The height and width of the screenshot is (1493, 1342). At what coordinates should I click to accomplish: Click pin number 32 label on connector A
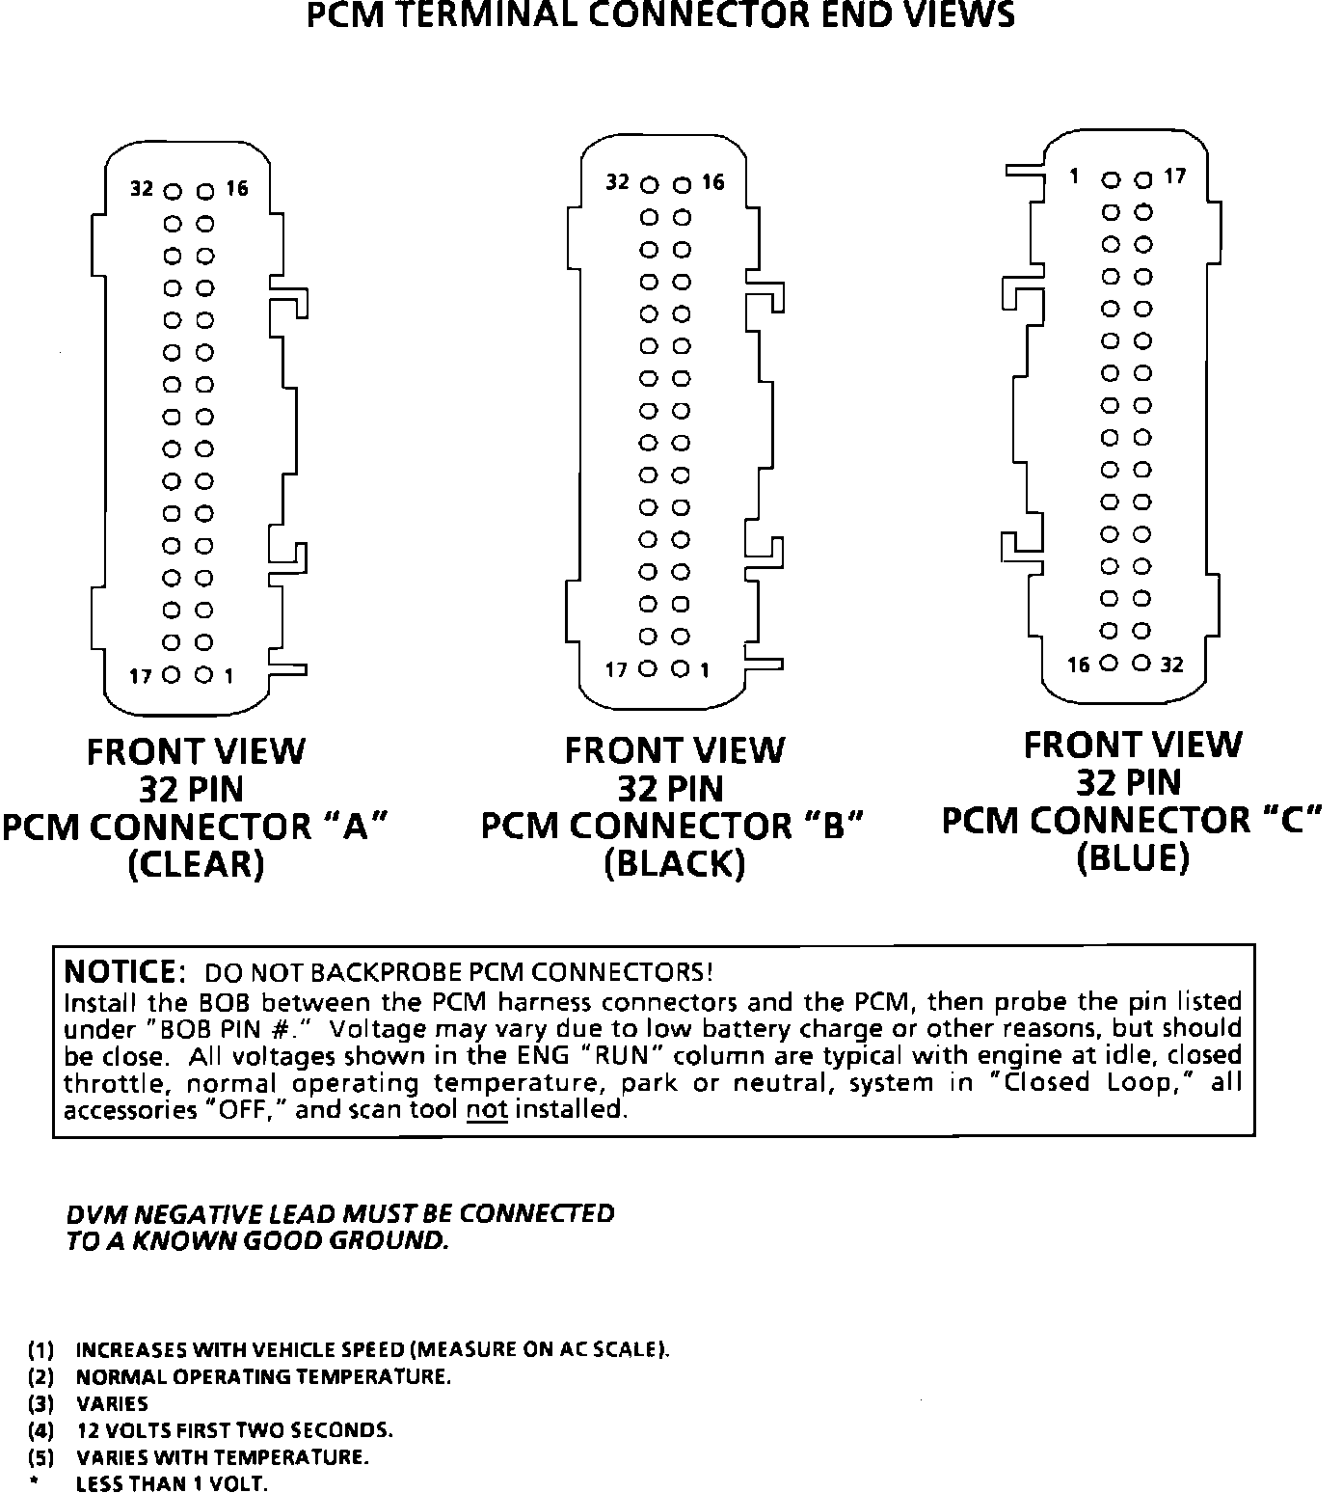(142, 189)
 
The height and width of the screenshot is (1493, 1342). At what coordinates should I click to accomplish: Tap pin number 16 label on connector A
(237, 189)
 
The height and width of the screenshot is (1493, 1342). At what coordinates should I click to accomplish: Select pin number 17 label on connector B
(616, 669)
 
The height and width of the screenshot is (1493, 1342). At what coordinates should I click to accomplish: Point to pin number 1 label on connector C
(1073, 176)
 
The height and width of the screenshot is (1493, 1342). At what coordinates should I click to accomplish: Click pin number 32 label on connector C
(1171, 665)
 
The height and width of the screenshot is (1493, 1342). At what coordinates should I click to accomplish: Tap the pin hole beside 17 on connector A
(173, 675)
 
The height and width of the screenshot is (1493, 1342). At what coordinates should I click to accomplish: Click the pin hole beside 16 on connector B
(682, 184)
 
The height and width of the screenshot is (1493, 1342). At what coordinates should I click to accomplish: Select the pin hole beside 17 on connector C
(1143, 179)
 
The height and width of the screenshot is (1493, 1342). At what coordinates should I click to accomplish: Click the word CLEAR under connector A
(196, 864)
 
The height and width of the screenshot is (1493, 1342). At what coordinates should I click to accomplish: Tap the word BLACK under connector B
(674, 864)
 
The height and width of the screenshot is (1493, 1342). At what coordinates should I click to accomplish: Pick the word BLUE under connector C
(1133, 857)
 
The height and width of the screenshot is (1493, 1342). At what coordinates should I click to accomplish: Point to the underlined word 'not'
(487, 1110)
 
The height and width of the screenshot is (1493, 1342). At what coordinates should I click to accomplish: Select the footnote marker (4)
(40, 1430)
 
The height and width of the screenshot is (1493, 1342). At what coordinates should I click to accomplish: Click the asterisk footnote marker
(36, 1483)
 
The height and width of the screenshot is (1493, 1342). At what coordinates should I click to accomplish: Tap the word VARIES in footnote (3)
(112, 1403)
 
